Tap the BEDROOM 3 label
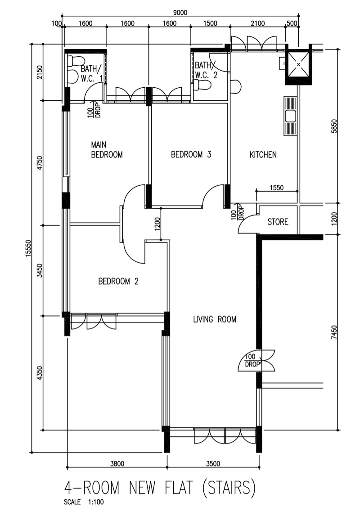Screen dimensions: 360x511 pyautogui.click(x=191, y=154)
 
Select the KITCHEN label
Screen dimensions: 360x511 pyautogui.click(x=263, y=154)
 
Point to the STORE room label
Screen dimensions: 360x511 pyautogui.click(x=278, y=222)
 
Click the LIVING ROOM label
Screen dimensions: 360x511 pyautogui.click(x=215, y=319)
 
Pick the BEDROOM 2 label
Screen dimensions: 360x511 pyautogui.click(x=118, y=281)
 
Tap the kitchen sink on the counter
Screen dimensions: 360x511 pyautogui.click(x=290, y=116)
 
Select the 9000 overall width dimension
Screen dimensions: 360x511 pyautogui.click(x=180, y=13)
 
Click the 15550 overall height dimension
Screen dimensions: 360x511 pyautogui.click(x=28, y=248)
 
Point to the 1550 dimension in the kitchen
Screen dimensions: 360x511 pyautogui.click(x=276, y=188)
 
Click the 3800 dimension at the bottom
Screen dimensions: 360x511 pyautogui.click(x=117, y=463)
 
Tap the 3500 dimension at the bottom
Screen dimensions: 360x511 pyautogui.click(x=213, y=463)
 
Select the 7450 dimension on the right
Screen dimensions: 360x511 pyautogui.click(x=333, y=332)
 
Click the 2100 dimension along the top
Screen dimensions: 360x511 pyautogui.click(x=257, y=23)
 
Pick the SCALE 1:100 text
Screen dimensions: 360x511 pyautogui.click(x=84, y=502)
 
